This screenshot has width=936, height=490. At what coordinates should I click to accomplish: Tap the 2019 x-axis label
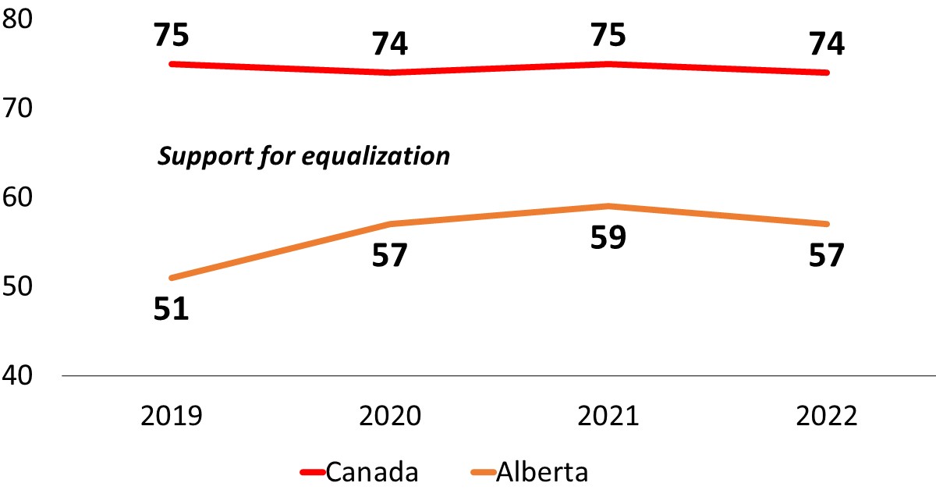click(172, 415)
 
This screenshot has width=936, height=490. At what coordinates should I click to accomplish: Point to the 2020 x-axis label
click(390, 415)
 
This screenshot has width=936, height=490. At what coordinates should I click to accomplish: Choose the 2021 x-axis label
click(608, 415)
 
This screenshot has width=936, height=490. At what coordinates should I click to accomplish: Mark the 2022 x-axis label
click(827, 415)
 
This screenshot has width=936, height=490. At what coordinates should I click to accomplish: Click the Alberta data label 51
click(172, 309)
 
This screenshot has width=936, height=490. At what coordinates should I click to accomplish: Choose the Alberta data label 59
click(608, 237)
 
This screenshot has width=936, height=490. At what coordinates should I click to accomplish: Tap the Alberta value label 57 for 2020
click(390, 255)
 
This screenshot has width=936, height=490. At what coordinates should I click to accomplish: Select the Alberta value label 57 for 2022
click(827, 255)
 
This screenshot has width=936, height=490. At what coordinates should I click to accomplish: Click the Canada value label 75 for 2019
click(172, 35)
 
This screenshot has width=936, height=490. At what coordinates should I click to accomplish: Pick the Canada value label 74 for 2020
click(390, 44)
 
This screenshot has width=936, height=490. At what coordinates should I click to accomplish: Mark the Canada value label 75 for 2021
click(608, 35)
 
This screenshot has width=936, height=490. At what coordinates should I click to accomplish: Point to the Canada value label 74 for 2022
click(827, 44)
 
